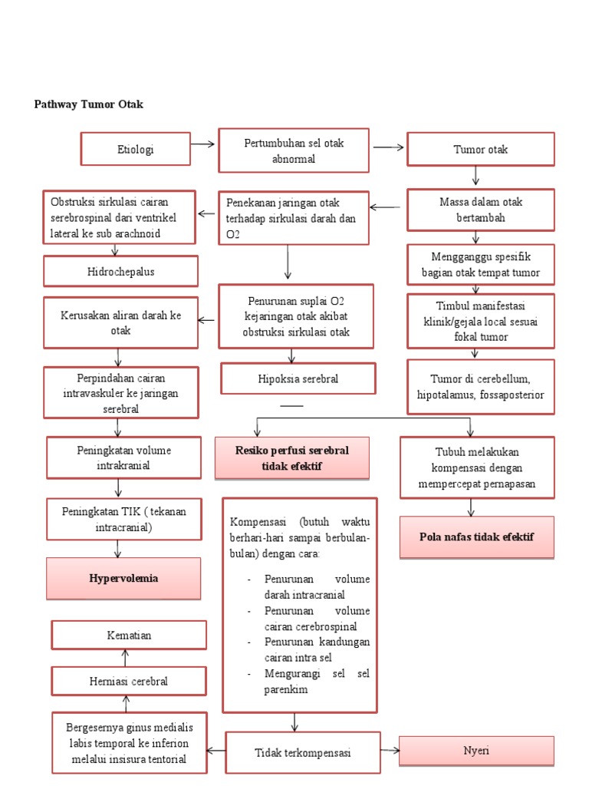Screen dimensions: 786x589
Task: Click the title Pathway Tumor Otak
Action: [x=89, y=104]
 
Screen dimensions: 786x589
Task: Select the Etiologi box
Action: [x=136, y=149]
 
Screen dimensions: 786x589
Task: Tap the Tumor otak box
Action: [x=480, y=149]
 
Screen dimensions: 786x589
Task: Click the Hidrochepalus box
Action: [x=120, y=272]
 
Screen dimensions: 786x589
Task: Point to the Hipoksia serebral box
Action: [x=298, y=379]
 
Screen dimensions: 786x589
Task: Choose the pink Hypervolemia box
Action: [x=123, y=579]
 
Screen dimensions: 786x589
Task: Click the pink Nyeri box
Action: [x=476, y=751]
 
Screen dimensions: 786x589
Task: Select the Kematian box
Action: [x=129, y=635]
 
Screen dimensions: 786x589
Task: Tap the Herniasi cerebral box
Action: [x=129, y=681]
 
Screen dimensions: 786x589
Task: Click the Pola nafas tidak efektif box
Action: [x=476, y=537]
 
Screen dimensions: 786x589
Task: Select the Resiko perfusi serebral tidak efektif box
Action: [x=292, y=458]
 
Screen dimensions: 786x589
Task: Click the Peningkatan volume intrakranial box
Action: [x=123, y=457]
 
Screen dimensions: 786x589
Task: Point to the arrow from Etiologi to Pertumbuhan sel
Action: [x=203, y=144]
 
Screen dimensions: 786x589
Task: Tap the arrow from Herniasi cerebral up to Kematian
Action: [x=125, y=658]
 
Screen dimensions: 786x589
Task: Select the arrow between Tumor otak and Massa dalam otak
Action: [x=476, y=177]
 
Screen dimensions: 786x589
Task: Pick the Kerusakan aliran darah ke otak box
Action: [x=120, y=323]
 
